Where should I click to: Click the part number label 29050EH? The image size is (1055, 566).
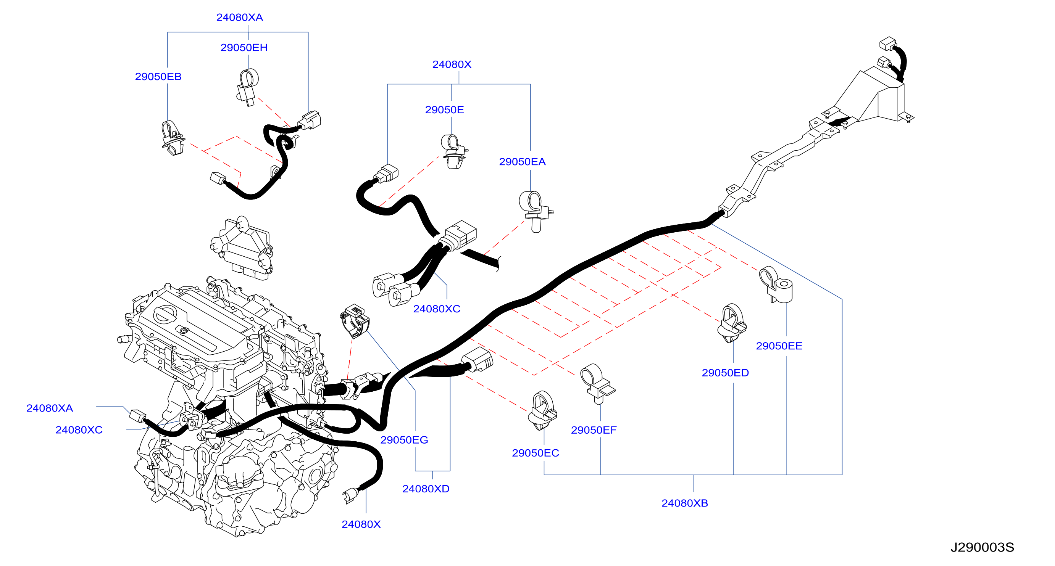click(244, 47)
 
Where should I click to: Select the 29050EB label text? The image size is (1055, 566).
click(158, 77)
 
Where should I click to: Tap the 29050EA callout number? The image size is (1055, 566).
click(522, 162)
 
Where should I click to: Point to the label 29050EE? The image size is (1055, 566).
click(779, 346)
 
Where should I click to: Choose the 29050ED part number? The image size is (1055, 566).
click(725, 373)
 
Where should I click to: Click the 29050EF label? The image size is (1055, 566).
click(594, 430)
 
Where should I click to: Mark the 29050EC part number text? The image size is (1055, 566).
click(535, 453)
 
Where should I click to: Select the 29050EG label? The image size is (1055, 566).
click(404, 440)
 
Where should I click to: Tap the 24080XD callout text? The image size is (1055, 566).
click(426, 489)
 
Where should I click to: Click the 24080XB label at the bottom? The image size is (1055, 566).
click(685, 503)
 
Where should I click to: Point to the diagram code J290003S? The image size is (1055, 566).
click(982, 548)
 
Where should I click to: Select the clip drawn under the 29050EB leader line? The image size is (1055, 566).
click(173, 138)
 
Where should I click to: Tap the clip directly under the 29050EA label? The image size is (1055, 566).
click(535, 211)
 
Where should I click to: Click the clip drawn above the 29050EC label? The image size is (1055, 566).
click(542, 410)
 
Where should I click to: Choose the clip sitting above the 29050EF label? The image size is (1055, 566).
click(597, 383)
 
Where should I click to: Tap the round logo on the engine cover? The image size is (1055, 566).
click(165, 315)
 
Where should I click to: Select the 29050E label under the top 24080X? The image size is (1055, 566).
click(444, 110)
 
